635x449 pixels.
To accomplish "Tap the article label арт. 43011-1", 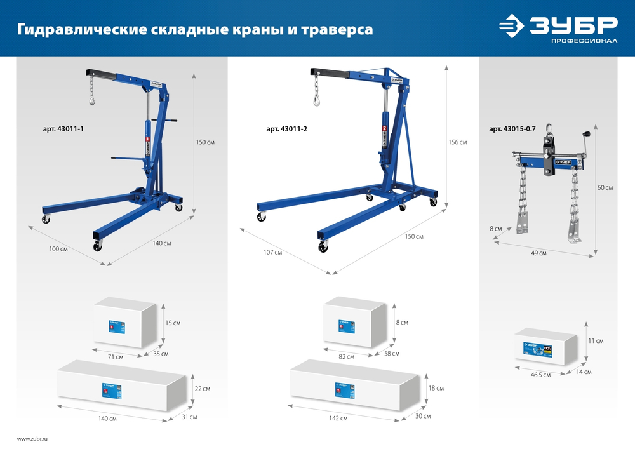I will point(63,129).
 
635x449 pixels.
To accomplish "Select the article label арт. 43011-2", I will point(286,129).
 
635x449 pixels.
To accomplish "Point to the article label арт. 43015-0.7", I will point(512,129).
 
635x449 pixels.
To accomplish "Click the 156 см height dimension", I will point(457,142).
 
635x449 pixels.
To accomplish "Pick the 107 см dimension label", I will point(272,253).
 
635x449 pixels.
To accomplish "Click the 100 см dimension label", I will point(58,249).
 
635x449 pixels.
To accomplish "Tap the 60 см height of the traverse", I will point(605,187).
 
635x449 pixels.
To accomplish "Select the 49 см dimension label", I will point(538,253).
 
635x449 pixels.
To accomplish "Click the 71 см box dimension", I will point(115,357).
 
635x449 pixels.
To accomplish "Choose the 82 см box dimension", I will point(346,357).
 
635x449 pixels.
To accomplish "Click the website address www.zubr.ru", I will point(32,439).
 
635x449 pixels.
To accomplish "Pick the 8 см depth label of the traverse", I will point(496,228).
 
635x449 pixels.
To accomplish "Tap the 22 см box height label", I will point(202,388).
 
